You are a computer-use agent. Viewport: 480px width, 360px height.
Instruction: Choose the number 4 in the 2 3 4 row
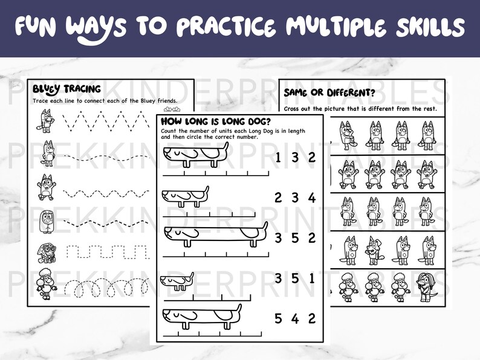[312, 198]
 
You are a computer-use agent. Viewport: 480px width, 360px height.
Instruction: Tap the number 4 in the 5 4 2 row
[295, 318]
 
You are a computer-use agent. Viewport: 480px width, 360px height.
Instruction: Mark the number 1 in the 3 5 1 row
[312, 278]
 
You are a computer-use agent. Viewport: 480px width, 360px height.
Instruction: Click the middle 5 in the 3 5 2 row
[295, 238]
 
